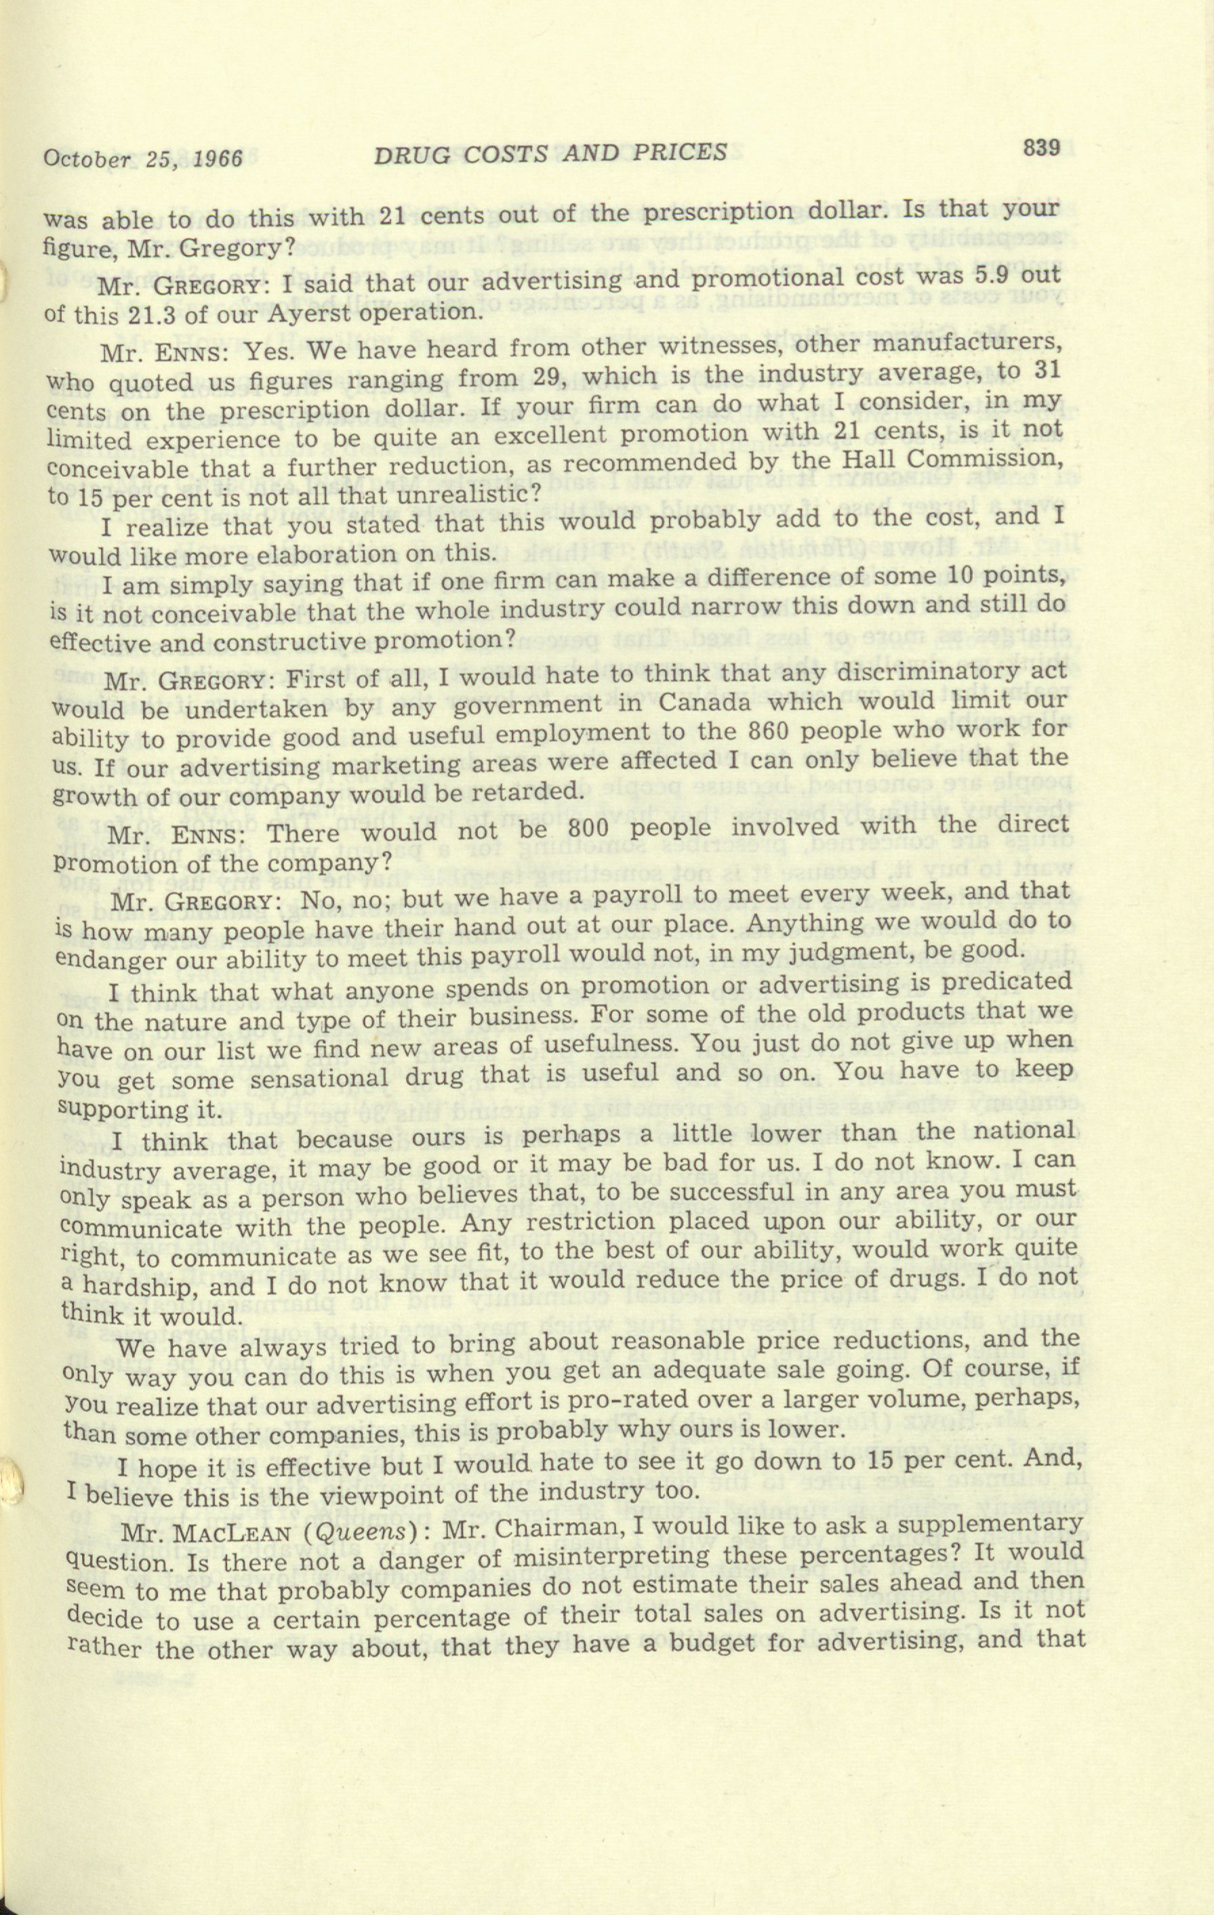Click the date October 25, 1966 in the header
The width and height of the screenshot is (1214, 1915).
tap(143, 157)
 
